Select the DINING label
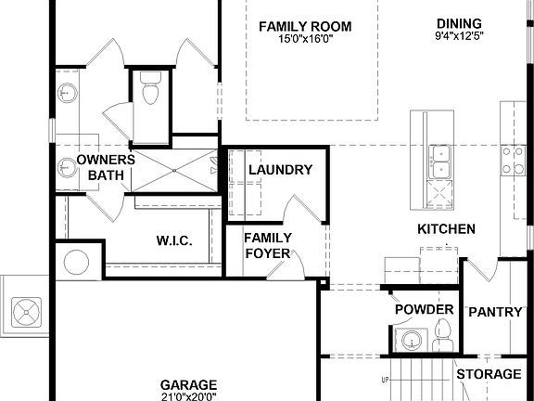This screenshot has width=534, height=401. [x=460, y=23]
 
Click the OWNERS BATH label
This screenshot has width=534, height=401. [x=106, y=167]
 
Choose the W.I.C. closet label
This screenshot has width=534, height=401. [x=174, y=241]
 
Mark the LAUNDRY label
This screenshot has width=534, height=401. [x=281, y=170]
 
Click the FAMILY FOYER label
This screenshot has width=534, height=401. [x=268, y=245]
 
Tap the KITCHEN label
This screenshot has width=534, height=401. [x=446, y=229]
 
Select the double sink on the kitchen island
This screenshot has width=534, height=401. [x=439, y=161]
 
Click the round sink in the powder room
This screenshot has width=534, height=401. [x=409, y=338]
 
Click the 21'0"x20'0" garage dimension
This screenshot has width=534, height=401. [x=188, y=396]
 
